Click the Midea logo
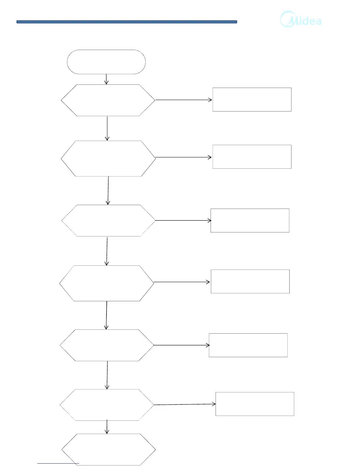click(301, 19)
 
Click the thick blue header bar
click(127, 22)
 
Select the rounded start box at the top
click(106, 62)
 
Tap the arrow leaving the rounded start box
click(106, 79)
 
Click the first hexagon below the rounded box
click(108, 100)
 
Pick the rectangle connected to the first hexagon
click(252, 99)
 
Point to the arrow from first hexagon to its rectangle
click(184, 100)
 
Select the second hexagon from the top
click(108, 159)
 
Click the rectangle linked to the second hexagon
click(252, 157)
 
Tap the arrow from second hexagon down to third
click(108, 190)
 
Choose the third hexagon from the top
click(108, 221)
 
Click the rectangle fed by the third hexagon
click(250, 220)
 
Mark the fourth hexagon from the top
click(106, 283)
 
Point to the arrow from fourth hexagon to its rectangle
click(182, 282)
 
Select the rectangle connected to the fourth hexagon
click(250, 281)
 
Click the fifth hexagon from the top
click(107, 345)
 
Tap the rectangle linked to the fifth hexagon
click(248, 345)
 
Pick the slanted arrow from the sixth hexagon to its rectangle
click(185, 405)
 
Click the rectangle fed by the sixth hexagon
click(255, 404)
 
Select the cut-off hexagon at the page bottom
click(108, 449)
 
